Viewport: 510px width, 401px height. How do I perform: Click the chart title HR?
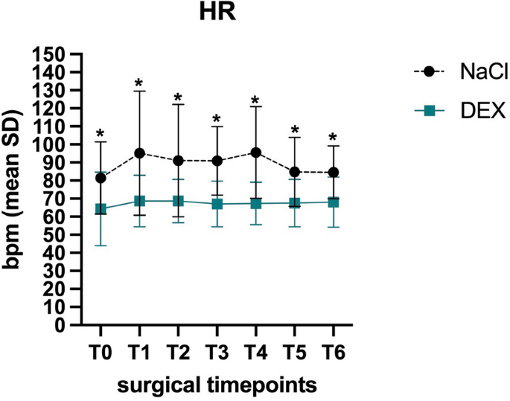pyautogui.click(x=216, y=15)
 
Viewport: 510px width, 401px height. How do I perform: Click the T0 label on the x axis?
pyautogui.click(x=101, y=349)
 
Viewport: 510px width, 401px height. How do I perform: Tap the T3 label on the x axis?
pyautogui.click(x=217, y=349)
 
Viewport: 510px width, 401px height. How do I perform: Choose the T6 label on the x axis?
pyautogui.click(x=333, y=349)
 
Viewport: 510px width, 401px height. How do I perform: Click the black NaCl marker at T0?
pyautogui.click(x=101, y=178)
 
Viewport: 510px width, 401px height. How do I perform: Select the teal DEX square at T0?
pyautogui.click(x=101, y=209)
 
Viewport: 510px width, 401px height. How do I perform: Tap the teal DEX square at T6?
pyautogui.click(x=333, y=202)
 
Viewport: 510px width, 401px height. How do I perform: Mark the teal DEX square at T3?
pyautogui.click(x=217, y=204)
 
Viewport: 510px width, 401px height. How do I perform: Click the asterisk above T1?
pyautogui.click(x=139, y=83)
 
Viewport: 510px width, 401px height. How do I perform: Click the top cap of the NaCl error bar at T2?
pyautogui.click(x=178, y=104)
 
